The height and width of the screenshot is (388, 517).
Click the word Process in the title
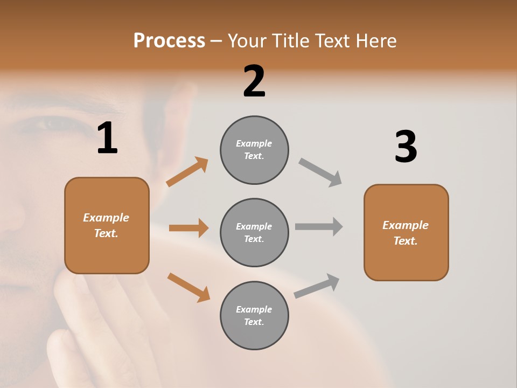[169, 40]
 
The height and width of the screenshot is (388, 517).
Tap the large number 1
[107, 138]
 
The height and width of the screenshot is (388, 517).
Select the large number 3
[406, 147]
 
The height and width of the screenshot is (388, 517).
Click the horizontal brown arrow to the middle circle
[188, 228]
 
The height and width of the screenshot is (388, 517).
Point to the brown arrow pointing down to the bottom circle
[188, 287]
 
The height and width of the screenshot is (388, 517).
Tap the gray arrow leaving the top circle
[320, 172]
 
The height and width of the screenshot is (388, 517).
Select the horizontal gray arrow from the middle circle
[319, 227]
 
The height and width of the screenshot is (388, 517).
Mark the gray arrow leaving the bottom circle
[317, 286]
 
